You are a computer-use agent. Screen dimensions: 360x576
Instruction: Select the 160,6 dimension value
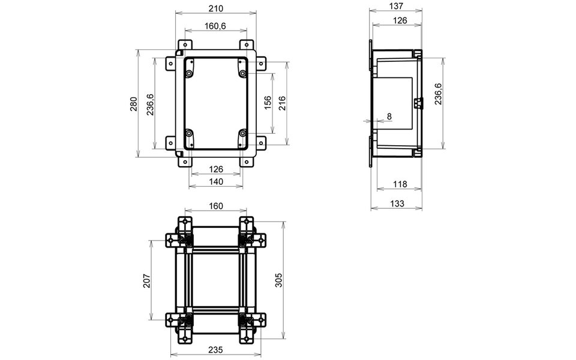click(x=215, y=26)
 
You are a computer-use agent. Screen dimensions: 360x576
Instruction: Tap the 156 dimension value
click(x=268, y=103)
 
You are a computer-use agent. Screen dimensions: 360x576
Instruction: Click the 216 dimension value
click(x=282, y=103)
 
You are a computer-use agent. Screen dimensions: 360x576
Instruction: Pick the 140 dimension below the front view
click(x=216, y=181)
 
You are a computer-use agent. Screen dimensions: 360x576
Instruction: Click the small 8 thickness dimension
click(x=389, y=116)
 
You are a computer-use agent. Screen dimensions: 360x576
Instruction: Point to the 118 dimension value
click(x=396, y=184)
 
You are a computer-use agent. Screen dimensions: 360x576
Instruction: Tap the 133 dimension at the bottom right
click(x=396, y=204)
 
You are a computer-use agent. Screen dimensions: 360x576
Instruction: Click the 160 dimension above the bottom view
click(x=216, y=206)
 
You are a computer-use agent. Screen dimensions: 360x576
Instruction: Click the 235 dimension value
click(x=216, y=350)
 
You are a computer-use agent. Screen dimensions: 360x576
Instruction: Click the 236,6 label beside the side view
click(x=439, y=94)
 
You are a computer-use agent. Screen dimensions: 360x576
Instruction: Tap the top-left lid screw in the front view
click(x=189, y=73)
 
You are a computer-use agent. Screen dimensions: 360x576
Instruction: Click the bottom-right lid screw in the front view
click(x=242, y=133)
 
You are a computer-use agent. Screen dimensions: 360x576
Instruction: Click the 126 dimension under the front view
click(x=216, y=169)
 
